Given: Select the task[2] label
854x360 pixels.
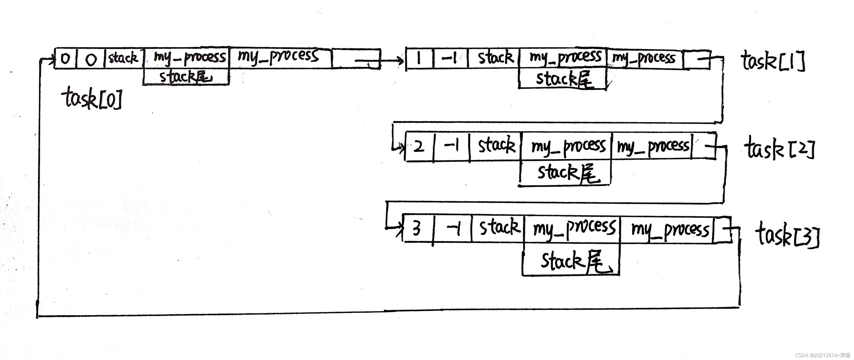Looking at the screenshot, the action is pyautogui.click(x=779, y=149).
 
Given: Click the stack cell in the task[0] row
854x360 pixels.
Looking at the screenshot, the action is pyautogui.click(x=123, y=58).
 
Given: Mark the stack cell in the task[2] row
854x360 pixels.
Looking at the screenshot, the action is pyautogui.click(x=496, y=146).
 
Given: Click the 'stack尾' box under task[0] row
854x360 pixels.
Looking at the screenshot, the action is pyautogui.click(x=186, y=77).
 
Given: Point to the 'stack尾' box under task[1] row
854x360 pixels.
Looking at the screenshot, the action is pyautogui.click(x=562, y=79).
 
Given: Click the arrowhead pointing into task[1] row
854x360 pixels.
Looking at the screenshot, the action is pyautogui.click(x=401, y=61).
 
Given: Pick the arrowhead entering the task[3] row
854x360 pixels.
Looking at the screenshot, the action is pyautogui.click(x=399, y=229).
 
